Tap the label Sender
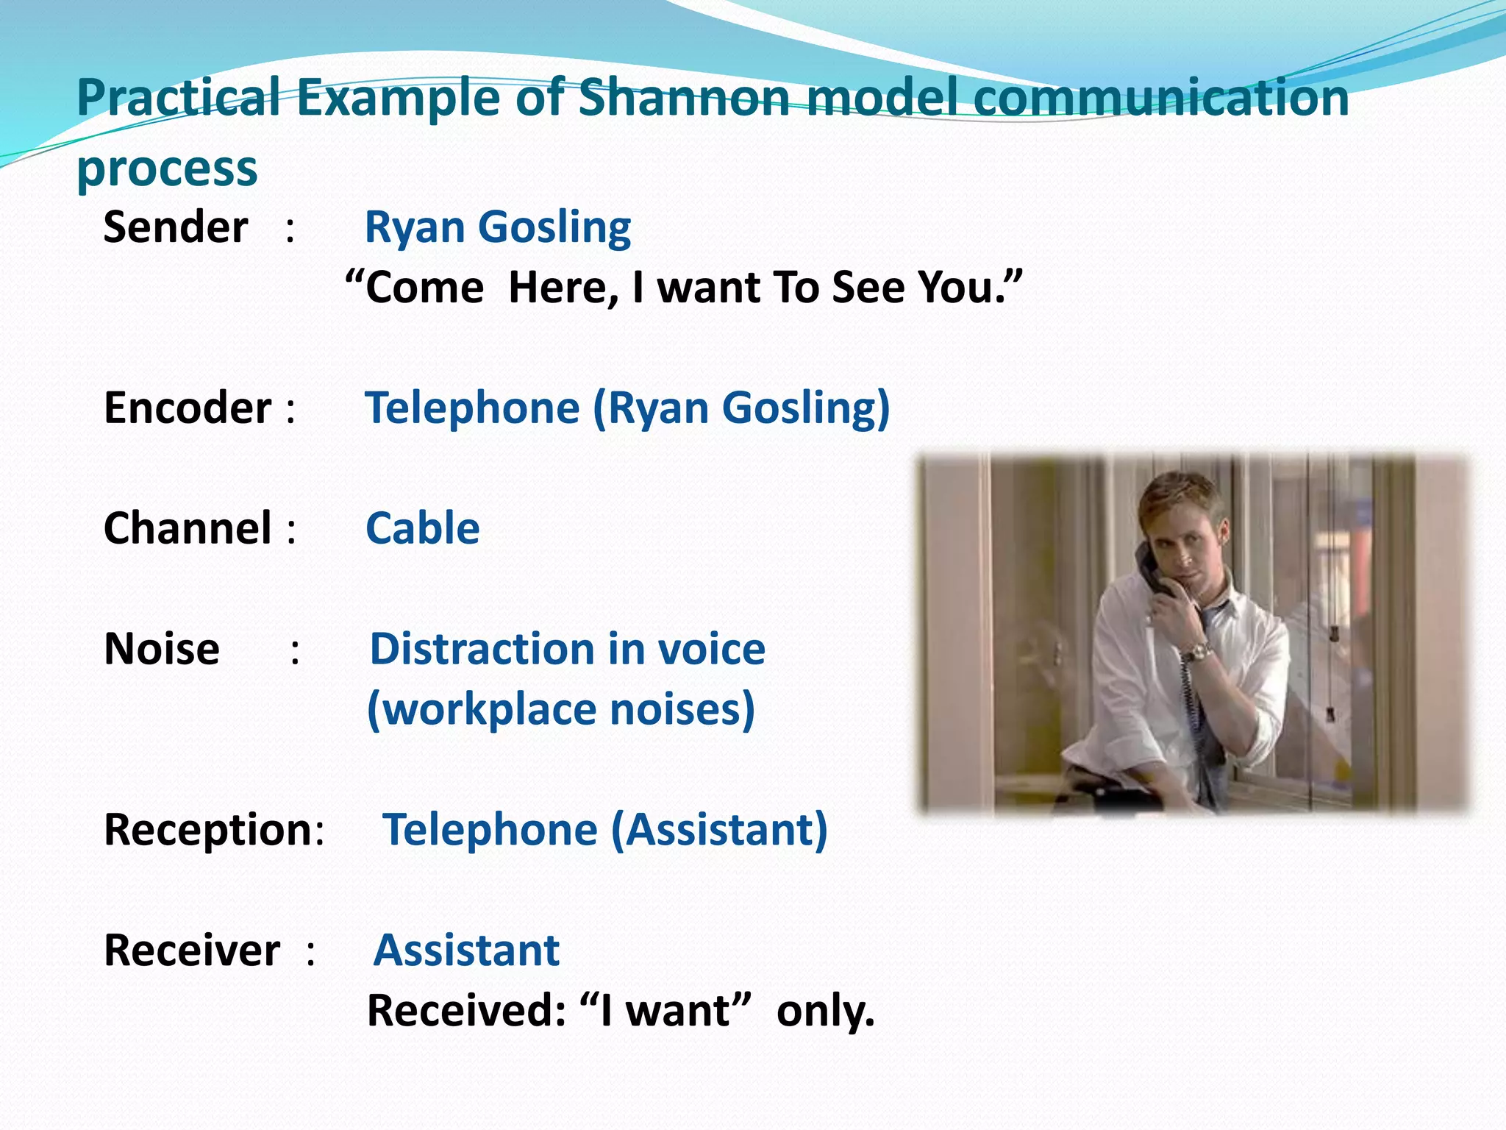(x=176, y=227)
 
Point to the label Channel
(x=188, y=528)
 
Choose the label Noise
(x=162, y=649)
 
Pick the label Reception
(x=208, y=829)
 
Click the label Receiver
(x=192, y=950)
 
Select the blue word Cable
(x=423, y=528)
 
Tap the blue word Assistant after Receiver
(x=467, y=950)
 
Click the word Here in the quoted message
(x=563, y=287)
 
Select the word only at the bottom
(x=825, y=1011)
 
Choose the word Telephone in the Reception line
(x=490, y=829)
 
